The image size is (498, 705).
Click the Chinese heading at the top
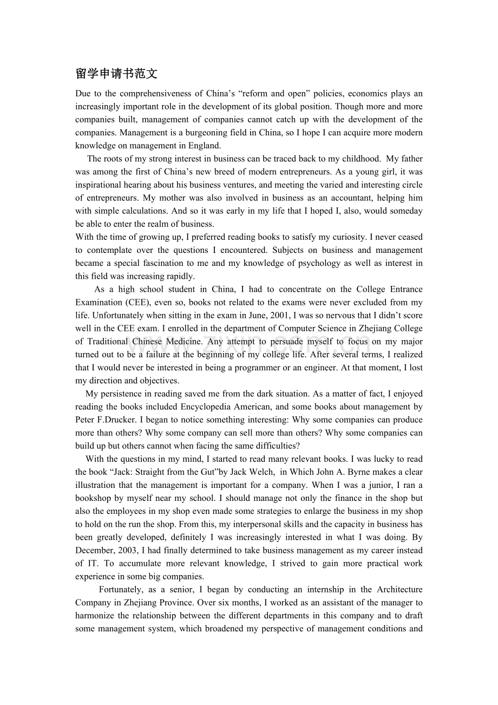click(116, 74)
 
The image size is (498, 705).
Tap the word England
click(205, 146)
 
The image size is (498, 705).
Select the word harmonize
click(95, 616)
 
